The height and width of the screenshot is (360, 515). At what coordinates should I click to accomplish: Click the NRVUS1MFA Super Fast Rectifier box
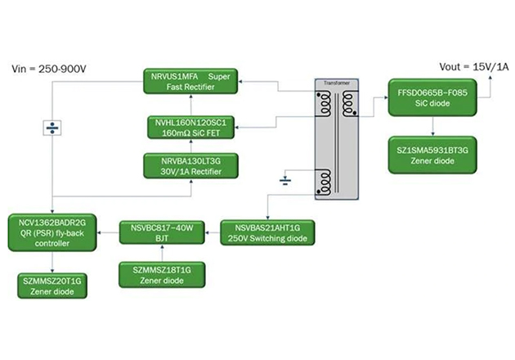pos(190,80)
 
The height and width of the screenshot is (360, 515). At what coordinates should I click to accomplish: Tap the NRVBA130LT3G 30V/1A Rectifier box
pos(190,166)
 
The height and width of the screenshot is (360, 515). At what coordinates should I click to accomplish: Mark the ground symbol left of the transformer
pos(284,179)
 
